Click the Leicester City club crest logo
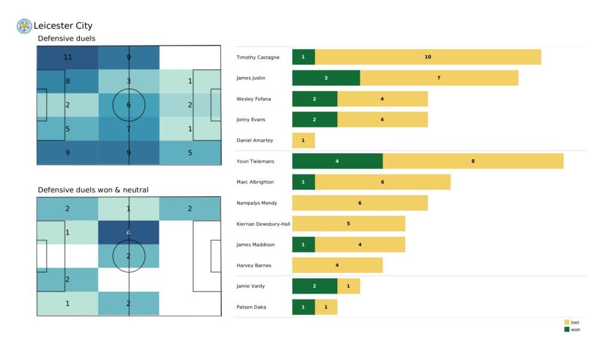point(25,26)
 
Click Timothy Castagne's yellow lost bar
point(428,57)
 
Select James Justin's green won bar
point(326,78)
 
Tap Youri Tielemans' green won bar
point(337,161)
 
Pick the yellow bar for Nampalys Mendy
point(360,203)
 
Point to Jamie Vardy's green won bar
point(314,286)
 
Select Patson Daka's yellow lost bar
point(326,307)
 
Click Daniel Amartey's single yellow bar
point(303,140)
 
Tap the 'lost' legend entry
point(571,322)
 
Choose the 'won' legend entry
point(571,330)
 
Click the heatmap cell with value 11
point(67,58)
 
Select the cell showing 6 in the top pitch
point(129,105)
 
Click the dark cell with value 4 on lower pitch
point(129,233)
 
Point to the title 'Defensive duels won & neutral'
point(93,190)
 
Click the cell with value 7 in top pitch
point(129,129)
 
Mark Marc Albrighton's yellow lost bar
point(382,182)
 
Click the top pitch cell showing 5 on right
point(190,152)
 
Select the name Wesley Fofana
point(254,99)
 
